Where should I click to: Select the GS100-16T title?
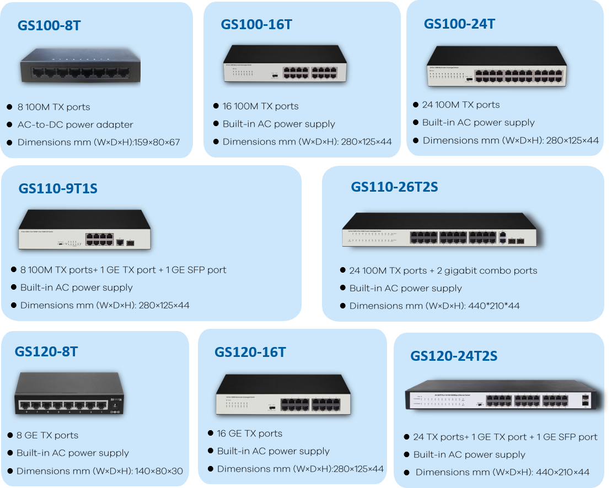point(256,24)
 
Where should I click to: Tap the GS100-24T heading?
point(459,24)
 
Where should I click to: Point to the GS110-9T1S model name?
point(58,188)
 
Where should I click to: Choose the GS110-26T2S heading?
point(394,187)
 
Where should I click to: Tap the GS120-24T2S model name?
point(454,356)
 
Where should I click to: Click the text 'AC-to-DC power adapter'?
point(75,124)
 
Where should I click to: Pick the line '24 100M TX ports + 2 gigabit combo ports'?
point(443,270)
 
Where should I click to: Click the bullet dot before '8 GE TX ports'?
point(10,435)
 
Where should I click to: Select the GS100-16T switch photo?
point(285,64)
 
